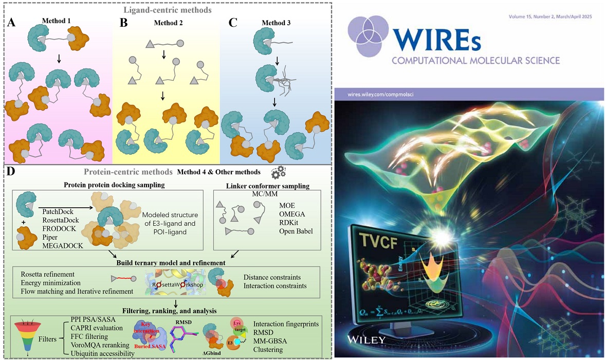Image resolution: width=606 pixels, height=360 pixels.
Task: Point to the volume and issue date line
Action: tap(549, 17)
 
